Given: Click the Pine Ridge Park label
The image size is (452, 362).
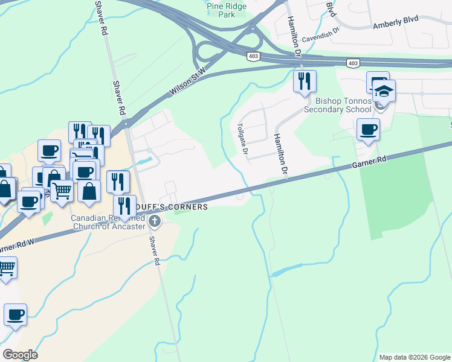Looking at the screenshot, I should [221, 10].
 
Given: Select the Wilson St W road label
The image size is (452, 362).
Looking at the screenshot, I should [188, 81].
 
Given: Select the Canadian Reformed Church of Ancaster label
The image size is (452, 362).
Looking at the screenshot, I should [109, 222].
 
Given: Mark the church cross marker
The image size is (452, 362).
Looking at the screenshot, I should [155, 223].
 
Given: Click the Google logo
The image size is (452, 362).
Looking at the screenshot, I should [19, 355].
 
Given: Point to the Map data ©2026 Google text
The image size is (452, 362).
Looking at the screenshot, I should [415, 357].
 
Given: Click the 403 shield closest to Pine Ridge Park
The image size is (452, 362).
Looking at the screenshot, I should [253, 56].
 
